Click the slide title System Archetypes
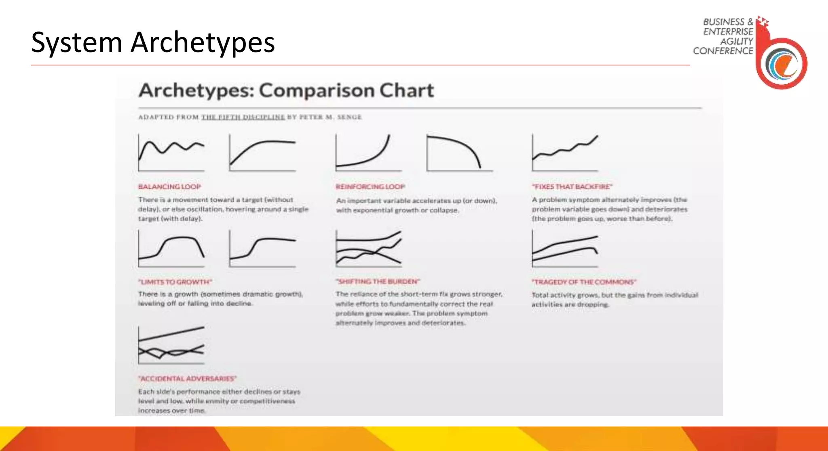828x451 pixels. pos(153,42)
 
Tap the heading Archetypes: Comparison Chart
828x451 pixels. pos(286,90)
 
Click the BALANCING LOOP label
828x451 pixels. pos(169,187)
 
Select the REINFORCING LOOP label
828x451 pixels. pos(370,187)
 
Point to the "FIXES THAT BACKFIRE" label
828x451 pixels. pos(572,187)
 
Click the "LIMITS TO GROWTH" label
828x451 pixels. pos(175,282)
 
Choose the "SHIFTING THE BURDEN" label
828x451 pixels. pos(378,281)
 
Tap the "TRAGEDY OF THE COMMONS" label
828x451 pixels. pos(584,282)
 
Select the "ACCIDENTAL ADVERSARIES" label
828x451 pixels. pos(187,379)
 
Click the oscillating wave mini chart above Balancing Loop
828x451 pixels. pos(171,153)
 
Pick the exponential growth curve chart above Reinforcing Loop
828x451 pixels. pos(368,153)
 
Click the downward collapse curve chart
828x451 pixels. pos(459,153)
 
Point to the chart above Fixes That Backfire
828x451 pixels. pos(565,153)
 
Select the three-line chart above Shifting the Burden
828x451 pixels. pos(368,248)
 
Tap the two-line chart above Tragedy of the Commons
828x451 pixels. pos(565,248)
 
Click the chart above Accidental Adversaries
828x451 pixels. pos(171,345)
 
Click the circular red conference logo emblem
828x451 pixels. pos(782,63)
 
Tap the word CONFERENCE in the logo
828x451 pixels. pos(723,51)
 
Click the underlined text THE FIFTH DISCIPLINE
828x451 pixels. pos(243,117)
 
